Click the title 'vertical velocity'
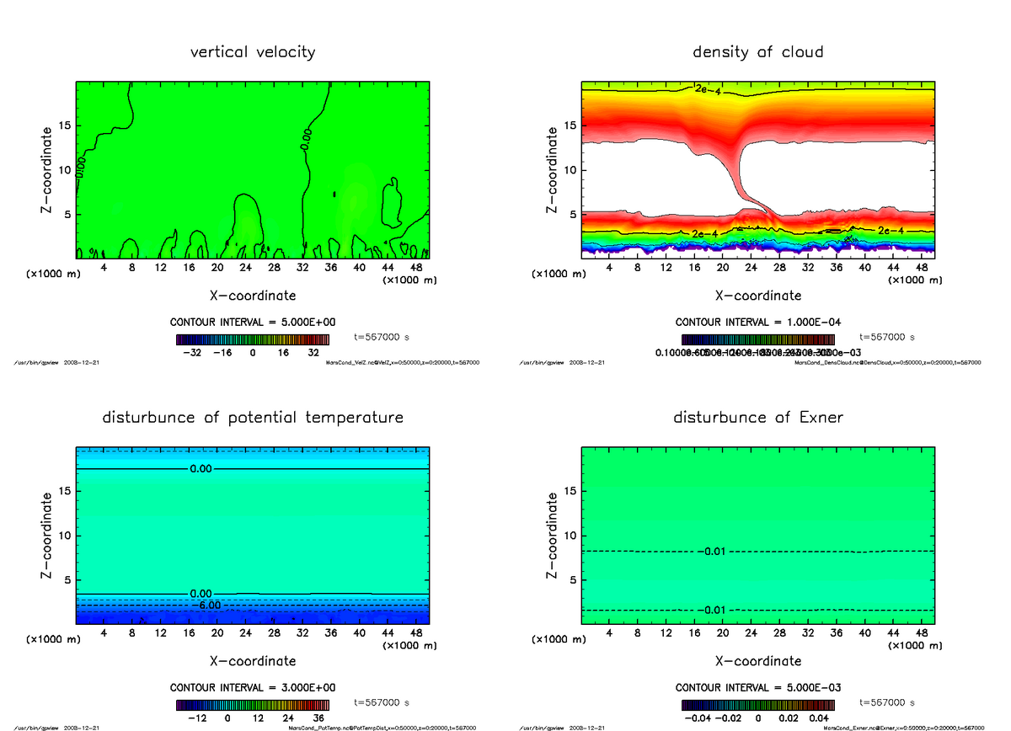[x=253, y=52]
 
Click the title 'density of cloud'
[x=757, y=52]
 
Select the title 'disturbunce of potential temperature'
[x=253, y=418]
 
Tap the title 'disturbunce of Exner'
[x=757, y=418]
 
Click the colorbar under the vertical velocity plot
[x=253, y=339]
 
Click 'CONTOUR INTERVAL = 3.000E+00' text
[x=253, y=688]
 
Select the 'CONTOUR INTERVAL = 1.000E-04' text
[x=757, y=323]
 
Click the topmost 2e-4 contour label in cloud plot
[x=707, y=89]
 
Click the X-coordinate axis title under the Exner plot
[x=757, y=661]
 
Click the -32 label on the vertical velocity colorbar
[x=192, y=354]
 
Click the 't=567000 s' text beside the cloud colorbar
[x=887, y=337]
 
